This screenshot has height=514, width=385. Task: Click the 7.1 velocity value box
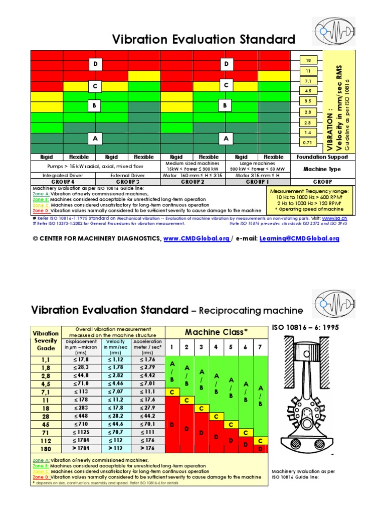[308, 81]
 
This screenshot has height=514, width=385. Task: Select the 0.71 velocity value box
[308, 143]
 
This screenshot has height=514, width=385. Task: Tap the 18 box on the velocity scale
[308, 60]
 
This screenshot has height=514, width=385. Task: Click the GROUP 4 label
[63, 182]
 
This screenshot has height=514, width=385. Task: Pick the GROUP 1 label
[258, 182]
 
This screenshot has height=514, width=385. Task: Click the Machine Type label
[322, 169]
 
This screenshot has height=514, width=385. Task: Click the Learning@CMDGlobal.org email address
[299, 238]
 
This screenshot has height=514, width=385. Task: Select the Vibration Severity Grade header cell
[46, 340]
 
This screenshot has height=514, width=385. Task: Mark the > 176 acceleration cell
[147, 448]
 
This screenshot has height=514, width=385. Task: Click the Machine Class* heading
[217, 332]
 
